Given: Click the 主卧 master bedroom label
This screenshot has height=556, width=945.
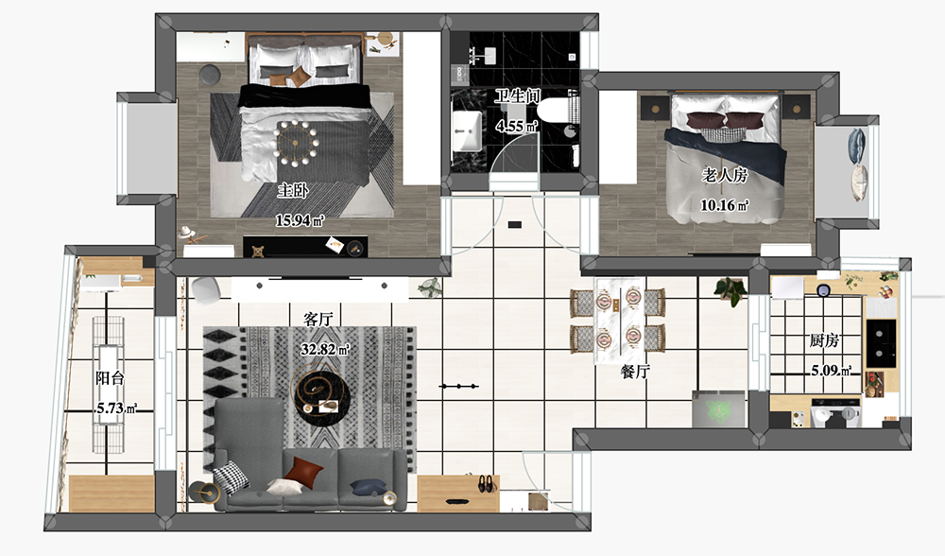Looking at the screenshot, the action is [293, 191].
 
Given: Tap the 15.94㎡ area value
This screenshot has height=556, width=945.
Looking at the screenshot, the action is [300, 220].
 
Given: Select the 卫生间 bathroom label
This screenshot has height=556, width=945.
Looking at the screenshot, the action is [517, 96].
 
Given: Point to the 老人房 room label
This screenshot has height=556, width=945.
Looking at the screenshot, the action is [725, 175].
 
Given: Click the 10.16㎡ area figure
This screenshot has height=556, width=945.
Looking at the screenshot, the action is [725, 205].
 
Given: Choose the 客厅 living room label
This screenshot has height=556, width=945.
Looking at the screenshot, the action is [318, 319].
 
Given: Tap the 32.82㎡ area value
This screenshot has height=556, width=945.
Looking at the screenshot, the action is [325, 349].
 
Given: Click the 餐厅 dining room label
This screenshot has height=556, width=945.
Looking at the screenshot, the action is [635, 372].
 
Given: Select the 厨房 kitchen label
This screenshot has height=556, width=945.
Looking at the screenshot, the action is [824, 340].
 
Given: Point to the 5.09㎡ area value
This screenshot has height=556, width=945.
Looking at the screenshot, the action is [831, 371].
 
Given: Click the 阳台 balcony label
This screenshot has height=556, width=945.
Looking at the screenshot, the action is [110, 378].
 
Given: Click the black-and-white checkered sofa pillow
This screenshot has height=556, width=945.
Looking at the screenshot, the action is [232, 478].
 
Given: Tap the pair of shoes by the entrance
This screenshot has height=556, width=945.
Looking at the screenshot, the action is [485, 483].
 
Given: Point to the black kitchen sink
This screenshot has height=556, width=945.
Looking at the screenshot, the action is [881, 343].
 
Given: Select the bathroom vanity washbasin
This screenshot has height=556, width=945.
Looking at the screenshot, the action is [467, 130].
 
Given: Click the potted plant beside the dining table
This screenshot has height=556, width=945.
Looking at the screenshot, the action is [730, 291].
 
